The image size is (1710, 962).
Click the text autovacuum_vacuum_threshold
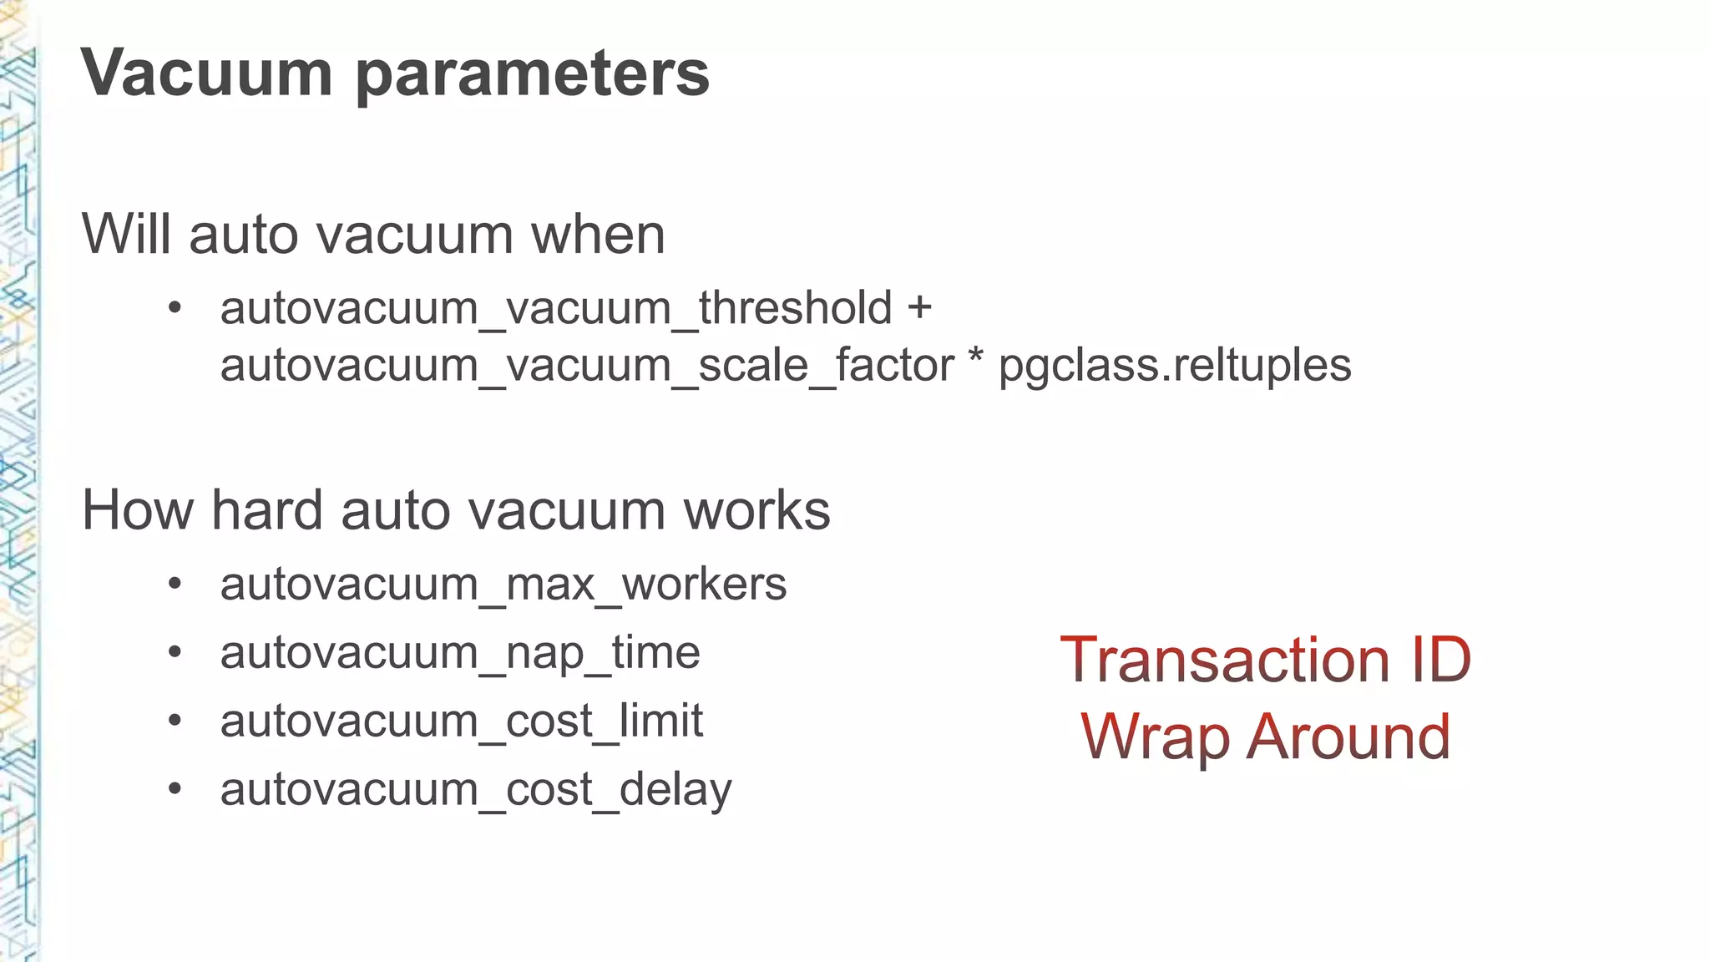click(556, 308)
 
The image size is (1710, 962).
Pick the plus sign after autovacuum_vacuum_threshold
click(919, 307)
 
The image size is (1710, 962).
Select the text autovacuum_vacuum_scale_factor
click(587, 366)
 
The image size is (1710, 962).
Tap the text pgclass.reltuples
click(1175, 366)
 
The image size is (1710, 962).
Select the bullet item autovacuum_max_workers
click(503, 584)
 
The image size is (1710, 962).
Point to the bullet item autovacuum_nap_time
click(460, 652)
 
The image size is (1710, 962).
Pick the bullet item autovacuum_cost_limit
click(462, 721)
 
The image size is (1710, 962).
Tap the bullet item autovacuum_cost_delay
click(476, 789)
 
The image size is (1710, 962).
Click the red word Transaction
click(1224, 660)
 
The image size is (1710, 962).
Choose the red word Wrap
click(1155, 738)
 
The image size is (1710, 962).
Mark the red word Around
click(1348, 737)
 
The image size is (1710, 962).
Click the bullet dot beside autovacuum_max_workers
click(175, 584)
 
